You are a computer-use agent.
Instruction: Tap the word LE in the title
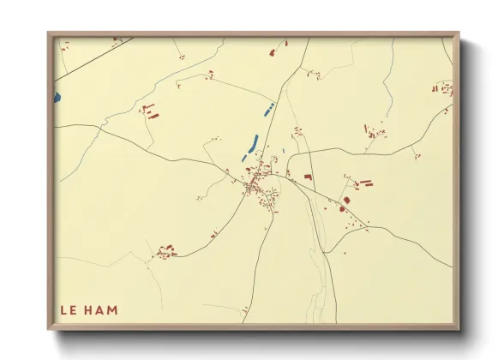(x=71, y=309)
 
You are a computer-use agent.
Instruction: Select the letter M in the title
(x=112, y=309)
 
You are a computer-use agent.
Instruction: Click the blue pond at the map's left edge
(x=57, y=97)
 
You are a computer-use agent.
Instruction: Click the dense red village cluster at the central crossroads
(x=256, y=184)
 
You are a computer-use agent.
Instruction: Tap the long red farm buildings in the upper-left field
(x=150, y=111)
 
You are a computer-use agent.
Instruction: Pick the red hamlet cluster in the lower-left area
(x=165, y=252)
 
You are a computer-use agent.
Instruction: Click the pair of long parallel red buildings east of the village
(x=365, y=183)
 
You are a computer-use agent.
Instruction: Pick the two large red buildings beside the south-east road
(x=345, y=203)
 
